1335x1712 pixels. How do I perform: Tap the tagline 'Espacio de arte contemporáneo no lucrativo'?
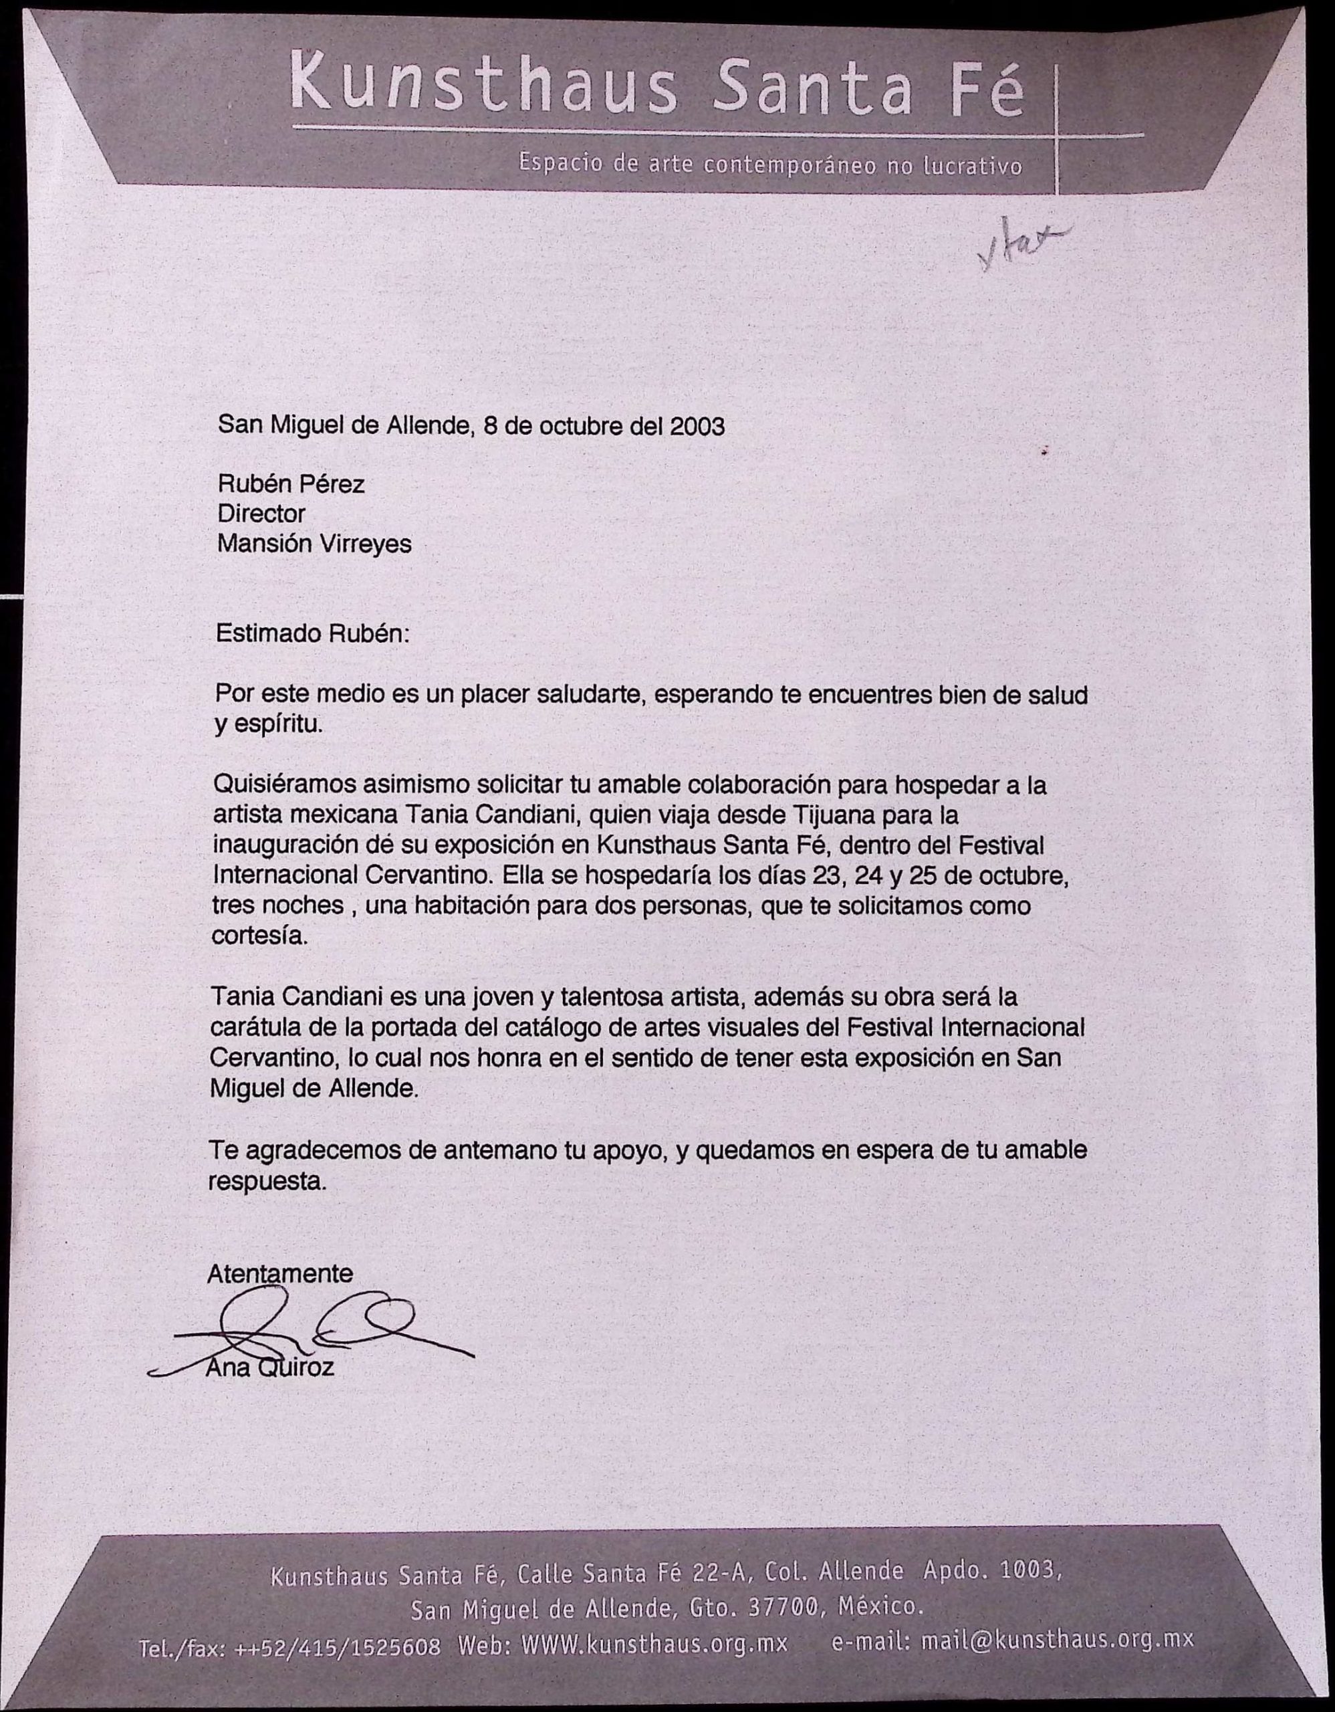tap(769, 165)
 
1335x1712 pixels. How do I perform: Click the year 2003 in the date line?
tap(697, 427)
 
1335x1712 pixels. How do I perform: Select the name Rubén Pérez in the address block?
tap(291, 484)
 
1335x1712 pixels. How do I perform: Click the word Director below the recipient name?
tap(261, 514)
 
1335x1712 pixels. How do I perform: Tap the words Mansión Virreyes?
tap(314, 543)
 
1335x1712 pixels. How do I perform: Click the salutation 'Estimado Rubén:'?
tap(312, 633)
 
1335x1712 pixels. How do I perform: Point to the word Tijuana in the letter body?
tap(834, 815)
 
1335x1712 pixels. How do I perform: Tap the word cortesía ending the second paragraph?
tap(259, 936)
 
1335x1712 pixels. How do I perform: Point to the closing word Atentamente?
tap(279, 1274)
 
